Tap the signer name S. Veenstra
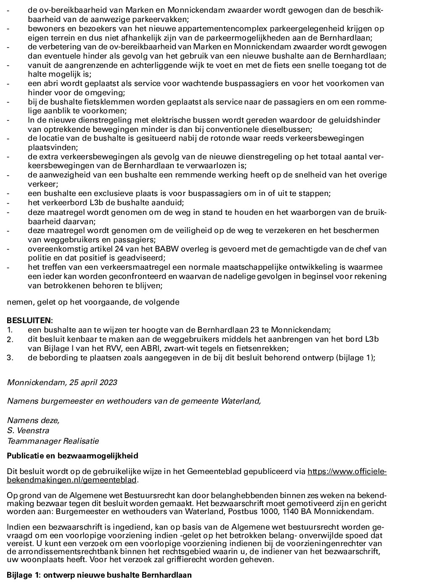[x=28, y=431]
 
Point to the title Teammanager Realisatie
[x=53, y=441]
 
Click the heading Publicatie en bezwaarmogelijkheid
[x=72, y=456]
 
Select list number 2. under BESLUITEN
[x=10, y=340]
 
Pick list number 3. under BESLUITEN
[x=10, y=358]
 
